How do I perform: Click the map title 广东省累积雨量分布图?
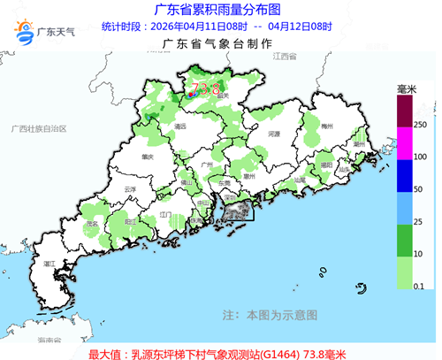[217, 10]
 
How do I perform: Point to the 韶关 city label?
[224, 96]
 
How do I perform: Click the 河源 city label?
[273, 134]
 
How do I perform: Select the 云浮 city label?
[130, 190]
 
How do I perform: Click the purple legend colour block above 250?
[405, 112]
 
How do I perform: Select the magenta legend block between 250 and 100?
[405, 143]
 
